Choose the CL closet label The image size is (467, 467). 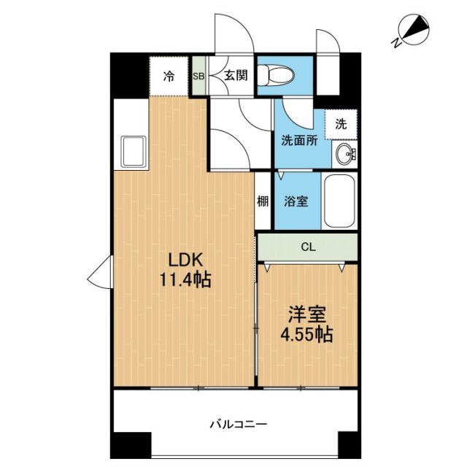309,247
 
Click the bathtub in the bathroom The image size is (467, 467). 338,201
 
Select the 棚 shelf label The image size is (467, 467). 263,202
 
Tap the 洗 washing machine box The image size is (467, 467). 341,124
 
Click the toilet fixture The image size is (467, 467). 278,74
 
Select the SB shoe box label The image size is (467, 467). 198,76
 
